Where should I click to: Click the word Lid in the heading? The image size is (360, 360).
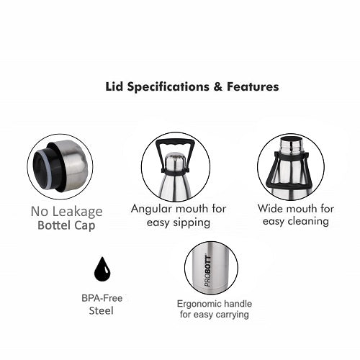pyautogui.click(x=114, y=86)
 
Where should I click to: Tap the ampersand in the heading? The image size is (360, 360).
pyautogui.click(x=217, y=86)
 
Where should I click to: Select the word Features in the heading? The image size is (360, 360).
pyautogui.click(x=253, y=86)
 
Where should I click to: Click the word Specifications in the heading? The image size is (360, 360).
pyautogui.click(x=168, y=87)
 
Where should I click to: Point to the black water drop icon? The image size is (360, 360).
pyautogui.click(x=102, y=269)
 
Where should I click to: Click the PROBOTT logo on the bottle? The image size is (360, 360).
pyautogui.click(x=208, y=271)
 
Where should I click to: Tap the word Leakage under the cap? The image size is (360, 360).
pyautogui.click(x=77, y=212)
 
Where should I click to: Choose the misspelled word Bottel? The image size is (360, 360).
pyautogui.click(x=54, y=225)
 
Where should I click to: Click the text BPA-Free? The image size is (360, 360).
pyautogui.click(x=102, y=298)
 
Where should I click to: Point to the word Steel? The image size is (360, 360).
pyautogui.click(x=101, y=311)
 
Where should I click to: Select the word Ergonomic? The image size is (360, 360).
pyautogui.click(x=197, y=304)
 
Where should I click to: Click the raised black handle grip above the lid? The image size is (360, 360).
pyautogui.click(x=176, y=143)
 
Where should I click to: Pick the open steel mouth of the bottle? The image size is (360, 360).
pyautogui.click(x=291, y=139)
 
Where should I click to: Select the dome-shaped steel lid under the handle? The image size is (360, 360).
pyautogui.click(x=176, y=162)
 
